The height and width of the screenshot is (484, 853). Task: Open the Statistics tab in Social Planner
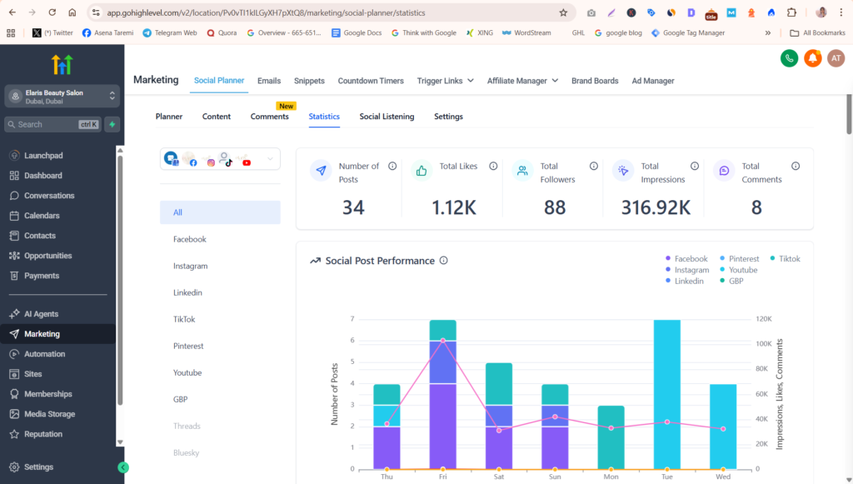coord(324,117)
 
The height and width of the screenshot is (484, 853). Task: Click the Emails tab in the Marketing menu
coord(269,81)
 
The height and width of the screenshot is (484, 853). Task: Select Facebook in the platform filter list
coord(190,239)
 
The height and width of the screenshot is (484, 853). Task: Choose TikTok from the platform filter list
coord(184,319)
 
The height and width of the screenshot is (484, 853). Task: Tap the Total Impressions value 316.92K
coord(656,207)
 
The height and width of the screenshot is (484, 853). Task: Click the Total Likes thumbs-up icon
coord(421,171)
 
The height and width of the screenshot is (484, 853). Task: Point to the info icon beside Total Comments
coord(796,166)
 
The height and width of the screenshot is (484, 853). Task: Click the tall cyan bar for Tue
coord(667,394)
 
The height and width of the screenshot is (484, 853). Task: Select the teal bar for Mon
coord(611,437)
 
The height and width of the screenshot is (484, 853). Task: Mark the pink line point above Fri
coord(443,341)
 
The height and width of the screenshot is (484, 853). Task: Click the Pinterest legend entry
coord(740,259)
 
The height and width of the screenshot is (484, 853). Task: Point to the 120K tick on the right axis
coord(764,319)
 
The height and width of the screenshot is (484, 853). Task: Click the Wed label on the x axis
coord(723,477)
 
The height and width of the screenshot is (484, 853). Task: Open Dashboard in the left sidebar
coord(43,176)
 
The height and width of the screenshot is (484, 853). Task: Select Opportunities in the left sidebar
coord(47,256)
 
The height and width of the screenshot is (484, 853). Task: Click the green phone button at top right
coord(790,58)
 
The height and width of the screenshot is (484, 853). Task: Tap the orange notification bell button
coord(813,58)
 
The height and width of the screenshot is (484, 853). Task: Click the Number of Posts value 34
coord(353,207)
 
